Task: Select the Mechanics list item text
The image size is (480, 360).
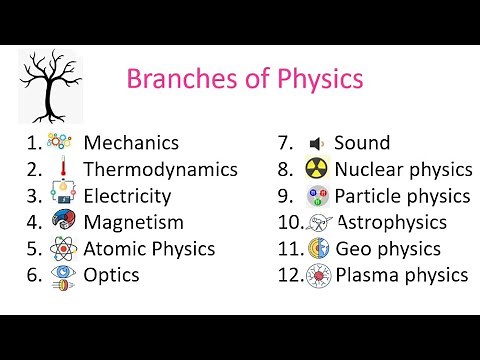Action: click(131, 143)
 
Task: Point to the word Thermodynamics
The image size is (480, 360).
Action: click(160, 170)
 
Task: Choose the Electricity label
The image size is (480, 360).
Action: click(127, 196)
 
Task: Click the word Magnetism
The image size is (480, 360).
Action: click(133, 222)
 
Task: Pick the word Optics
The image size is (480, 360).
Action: click(111, 274)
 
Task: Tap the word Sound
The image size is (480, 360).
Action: click(362, 143)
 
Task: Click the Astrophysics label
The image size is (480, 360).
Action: click(391, 222)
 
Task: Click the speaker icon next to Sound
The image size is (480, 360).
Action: click(316, 143)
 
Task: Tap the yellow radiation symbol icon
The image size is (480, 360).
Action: click(317, 169)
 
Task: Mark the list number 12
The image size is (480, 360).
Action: click(290, 274)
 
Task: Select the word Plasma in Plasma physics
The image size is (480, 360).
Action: click(366, 274)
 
